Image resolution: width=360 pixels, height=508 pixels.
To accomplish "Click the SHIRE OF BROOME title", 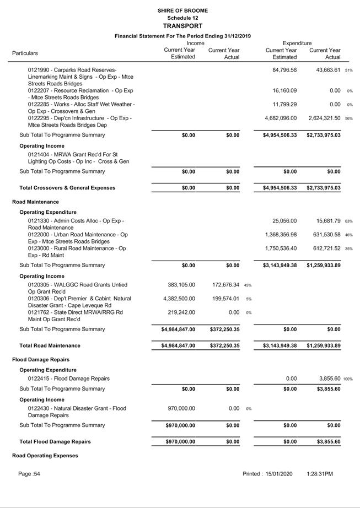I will point(182,10).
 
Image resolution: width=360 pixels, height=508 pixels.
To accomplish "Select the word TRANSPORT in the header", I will point(182,26).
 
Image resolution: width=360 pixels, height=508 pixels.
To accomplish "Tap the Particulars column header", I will point(25,53).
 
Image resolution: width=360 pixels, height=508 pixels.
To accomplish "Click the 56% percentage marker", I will point(348,118).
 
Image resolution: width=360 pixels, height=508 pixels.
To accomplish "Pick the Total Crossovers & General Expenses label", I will point(67,188).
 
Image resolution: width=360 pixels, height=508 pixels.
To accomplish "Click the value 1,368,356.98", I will point(281,235).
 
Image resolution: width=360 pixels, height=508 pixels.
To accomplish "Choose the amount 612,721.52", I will point(325,248).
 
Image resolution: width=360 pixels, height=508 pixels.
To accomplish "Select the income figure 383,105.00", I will point(181,285).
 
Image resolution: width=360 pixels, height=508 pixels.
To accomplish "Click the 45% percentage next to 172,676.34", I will point(248,285).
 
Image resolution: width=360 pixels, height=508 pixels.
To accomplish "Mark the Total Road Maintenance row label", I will point(50,345).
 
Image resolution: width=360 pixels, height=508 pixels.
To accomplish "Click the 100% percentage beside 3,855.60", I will point(348,379).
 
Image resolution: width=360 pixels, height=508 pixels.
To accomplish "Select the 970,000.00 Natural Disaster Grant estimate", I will point(181,408).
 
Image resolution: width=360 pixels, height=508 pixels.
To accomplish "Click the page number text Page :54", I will point(29,474).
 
